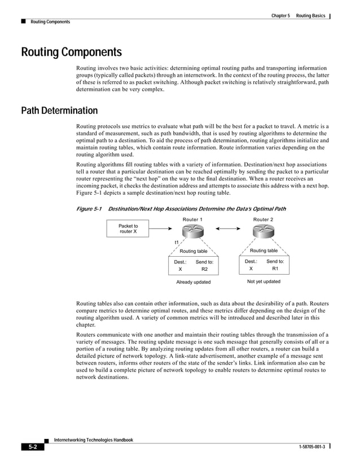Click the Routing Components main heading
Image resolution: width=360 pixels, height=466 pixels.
click(71, 53)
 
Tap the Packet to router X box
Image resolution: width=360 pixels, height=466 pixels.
click(128, 228)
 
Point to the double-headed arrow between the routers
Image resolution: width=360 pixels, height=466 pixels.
click(228, 228)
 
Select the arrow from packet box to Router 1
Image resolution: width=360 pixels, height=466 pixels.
click(166, 228)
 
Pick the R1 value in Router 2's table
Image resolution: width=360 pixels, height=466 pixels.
click(275, 269)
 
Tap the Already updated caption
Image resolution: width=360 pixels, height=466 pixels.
click(193, 282)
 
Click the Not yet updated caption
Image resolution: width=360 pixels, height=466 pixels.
click(264, 282)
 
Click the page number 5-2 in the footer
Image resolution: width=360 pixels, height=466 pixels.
click(33, 447)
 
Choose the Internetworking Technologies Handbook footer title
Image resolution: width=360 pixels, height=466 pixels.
click(93, 439)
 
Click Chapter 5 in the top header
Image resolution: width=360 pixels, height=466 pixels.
click(280, 15)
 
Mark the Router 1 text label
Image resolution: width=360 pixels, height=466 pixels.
click(193, 219)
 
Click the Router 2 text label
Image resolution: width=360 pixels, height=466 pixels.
click(263, 219)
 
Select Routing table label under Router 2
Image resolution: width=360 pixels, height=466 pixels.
click(264, 250)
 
